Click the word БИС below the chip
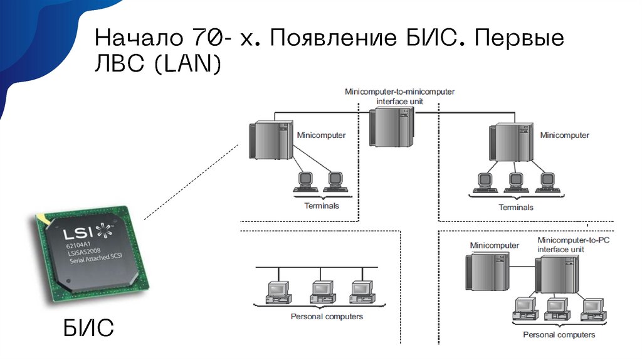click(88, 328)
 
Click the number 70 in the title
click(203, 40)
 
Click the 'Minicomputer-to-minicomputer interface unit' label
click(399, 95)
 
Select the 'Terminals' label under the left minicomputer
click(321, 205)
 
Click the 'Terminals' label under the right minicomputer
click(515, 207)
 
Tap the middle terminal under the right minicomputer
click(516, 182)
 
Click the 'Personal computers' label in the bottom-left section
click(327, 316)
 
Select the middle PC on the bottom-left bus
click(320, 292)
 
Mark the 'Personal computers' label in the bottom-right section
click(559, 334)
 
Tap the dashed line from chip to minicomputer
click(191, 182)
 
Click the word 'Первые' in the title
click(519, 40)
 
